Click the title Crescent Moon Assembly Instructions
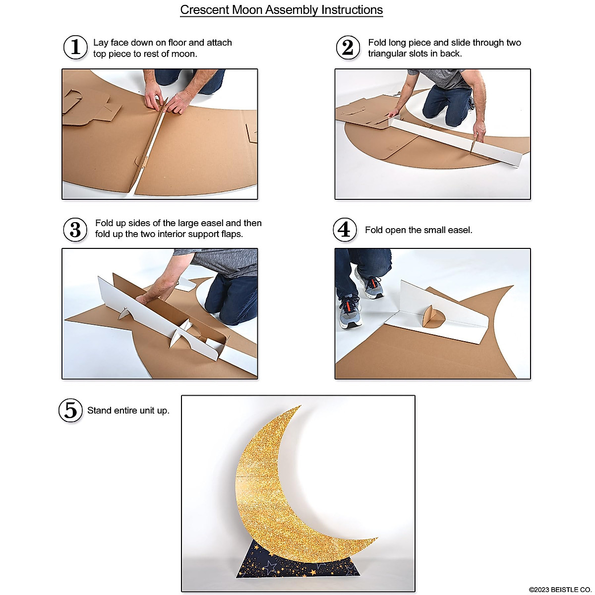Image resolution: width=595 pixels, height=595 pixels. [281, 10]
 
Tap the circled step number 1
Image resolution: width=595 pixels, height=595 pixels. [75, 47]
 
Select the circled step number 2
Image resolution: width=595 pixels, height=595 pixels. [348, 48]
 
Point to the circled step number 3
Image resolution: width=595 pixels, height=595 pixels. [75, 230]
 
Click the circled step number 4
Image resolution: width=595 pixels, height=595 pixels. [345, 230]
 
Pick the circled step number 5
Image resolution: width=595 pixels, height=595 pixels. [71, 411]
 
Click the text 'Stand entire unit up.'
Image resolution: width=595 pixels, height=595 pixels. [128, 411]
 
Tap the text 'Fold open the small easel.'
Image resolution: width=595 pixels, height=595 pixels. [418, 230]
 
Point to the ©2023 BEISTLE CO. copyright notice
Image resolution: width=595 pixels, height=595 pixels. [560, 590]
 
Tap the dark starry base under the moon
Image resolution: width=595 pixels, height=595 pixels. [297, 565]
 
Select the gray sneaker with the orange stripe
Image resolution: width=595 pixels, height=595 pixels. [350, 311]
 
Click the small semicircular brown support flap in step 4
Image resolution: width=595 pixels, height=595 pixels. [429, 317]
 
